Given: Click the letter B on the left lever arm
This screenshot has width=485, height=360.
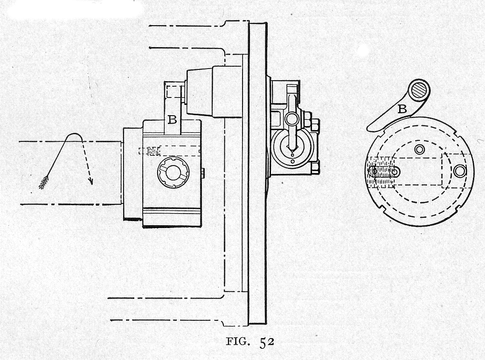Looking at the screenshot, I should coord(172,120).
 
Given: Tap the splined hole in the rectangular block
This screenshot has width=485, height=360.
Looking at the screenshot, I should coord(173,172).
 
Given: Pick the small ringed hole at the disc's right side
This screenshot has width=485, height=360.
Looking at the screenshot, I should coord(460,171).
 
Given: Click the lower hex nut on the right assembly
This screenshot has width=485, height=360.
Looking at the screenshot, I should coord(315,166).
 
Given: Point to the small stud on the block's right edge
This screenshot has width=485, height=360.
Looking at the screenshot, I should coord(202,173).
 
